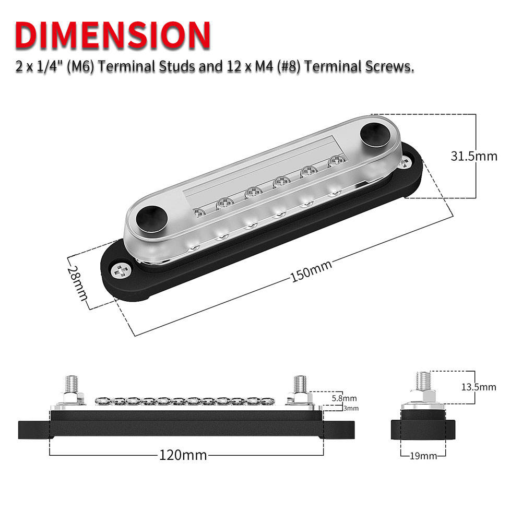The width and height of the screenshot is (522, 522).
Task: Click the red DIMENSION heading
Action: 113,35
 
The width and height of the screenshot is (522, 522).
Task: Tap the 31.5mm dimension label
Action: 474,156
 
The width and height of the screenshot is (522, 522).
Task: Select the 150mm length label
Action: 311,270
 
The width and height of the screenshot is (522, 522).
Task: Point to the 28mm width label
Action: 78,282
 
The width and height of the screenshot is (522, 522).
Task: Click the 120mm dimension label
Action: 183,455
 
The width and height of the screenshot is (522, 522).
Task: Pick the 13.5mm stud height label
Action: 478,387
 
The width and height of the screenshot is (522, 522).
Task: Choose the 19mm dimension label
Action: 423,456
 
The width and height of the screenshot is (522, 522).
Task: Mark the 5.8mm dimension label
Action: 344,398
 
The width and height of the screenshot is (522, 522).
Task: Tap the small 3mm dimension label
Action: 351,408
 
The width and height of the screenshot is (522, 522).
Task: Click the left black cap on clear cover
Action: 151,218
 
